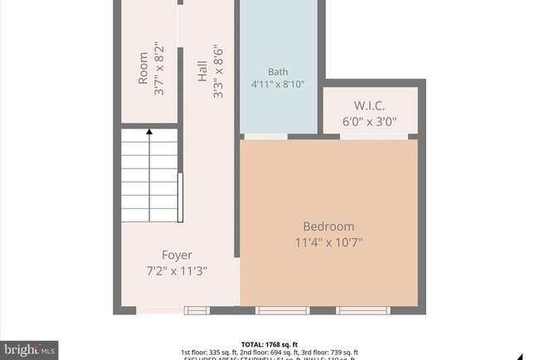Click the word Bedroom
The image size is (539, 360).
pyautogui.click(x=328, y=226)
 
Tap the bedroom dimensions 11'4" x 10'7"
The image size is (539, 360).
pyautogui.click(x=328, y=242)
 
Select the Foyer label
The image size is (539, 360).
pyautogui.click(x=177, y=255)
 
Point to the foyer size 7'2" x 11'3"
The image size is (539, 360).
pyautogui.click(x=177, y=270)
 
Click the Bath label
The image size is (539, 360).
pyautogui.click(x=278, y=71)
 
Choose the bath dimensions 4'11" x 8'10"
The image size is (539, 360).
pyautogui.click(x=278, y=85)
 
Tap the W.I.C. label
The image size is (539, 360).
pyautogui.click(x=370, y=105)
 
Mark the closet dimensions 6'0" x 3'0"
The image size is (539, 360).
pyautogui.click(x=370, y=121)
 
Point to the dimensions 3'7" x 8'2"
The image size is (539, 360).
pyautogui.click(x=159, y=70)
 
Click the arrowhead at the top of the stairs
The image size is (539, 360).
pyautogui.click(x=149, y=131)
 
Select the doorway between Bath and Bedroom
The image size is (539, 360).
pyautogui.click(x=265, y=136)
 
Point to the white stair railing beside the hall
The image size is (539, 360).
pyautogui.click(x=180, y=197)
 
